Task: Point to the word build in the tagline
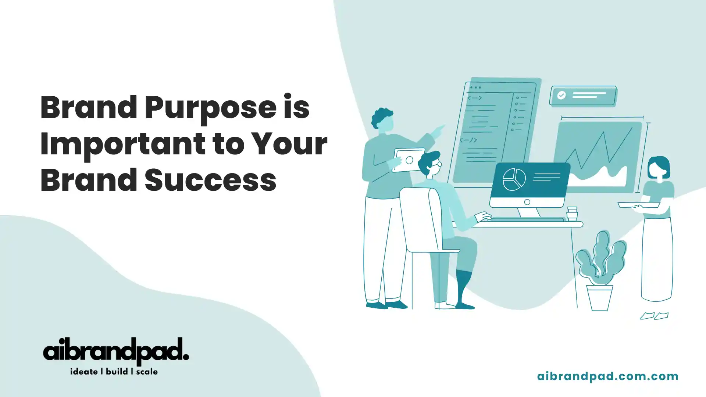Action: (117, 372)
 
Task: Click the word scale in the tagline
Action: (147, 372)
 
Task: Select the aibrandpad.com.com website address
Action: (607, 376)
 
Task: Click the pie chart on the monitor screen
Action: (514, 179)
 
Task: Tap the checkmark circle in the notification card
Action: (561, 96)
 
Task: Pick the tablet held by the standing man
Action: (409, 160)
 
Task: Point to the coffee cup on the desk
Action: (572, 214)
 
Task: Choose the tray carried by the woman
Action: (639, 205)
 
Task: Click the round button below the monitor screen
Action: (527, 202)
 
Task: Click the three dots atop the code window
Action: (475, 87)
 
